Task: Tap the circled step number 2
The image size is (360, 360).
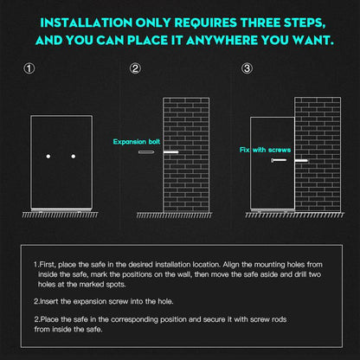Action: (135, 69)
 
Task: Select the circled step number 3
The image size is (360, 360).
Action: (247, 69)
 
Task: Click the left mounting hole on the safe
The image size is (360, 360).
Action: (49, 156)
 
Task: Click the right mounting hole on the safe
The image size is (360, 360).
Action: (74, 156)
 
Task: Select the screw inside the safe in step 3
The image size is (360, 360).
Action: (280, 161)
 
